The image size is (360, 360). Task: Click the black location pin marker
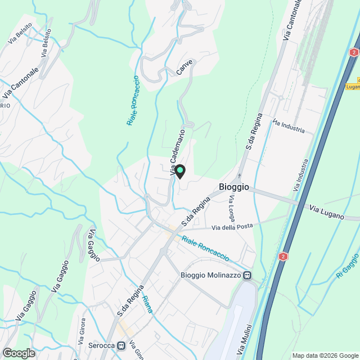pos(179,171)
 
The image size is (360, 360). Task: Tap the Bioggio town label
pos(233,187)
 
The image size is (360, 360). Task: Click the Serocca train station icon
pos(121,345)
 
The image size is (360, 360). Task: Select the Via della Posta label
pos(232,227)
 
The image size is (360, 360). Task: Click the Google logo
pos(18,353)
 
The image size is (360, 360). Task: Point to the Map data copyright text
pos(325,355)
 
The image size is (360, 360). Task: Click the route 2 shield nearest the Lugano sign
pos(353,52)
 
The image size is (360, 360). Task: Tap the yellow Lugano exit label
pos(353,86)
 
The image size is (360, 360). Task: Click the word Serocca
pos(101,345)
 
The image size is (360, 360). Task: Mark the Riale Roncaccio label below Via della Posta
pos(205,249)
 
